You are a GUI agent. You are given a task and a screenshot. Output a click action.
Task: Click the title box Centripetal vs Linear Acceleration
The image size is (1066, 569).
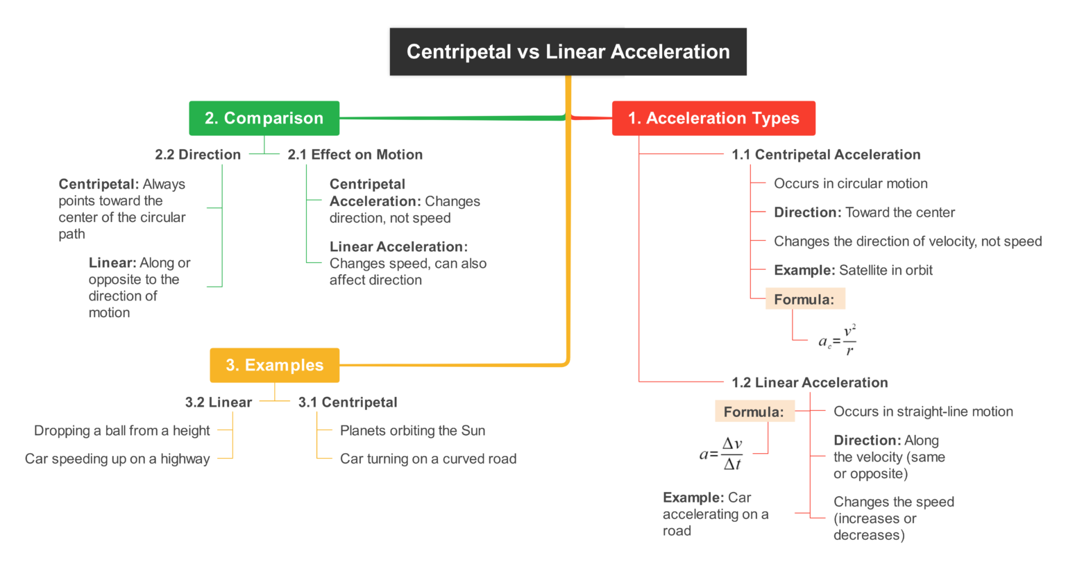point(568,52)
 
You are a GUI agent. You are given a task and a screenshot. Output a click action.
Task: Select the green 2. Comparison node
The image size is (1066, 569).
point(264,119)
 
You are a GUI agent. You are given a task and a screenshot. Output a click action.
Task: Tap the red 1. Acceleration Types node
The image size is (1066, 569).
point(713,119)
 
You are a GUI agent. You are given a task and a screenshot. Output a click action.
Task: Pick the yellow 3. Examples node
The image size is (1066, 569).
point(274,366)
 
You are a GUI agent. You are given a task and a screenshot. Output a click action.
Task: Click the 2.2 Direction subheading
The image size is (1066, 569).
point(198,155)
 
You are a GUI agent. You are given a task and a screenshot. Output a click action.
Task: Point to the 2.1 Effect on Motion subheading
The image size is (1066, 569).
point(355,155)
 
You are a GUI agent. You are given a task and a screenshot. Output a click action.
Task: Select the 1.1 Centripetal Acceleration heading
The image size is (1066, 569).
point(826,155)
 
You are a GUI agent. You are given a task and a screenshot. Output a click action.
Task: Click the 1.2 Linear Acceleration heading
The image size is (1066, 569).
point(809,382)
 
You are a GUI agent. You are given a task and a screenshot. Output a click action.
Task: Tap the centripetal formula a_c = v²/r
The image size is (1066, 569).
point(837,340)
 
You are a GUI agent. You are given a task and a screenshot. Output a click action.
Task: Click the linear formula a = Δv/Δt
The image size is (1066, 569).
point(722,454)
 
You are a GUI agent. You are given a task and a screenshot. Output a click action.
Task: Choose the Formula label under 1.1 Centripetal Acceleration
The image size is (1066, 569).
point(804,300)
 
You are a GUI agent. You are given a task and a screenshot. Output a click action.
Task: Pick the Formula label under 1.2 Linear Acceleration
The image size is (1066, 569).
point(754,412)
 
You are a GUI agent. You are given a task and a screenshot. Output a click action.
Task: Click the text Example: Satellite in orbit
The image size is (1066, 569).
point(853,271)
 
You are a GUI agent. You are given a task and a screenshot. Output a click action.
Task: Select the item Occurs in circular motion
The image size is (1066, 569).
point(850,184)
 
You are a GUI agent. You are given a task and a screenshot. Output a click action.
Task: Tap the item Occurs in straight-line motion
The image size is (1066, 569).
point(923,411)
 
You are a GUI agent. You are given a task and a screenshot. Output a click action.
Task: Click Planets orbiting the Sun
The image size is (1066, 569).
point(412,431)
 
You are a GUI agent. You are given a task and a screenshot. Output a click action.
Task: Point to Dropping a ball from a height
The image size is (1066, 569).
point(121,431)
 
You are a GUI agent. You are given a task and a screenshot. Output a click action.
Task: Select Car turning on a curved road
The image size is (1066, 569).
point(428,459)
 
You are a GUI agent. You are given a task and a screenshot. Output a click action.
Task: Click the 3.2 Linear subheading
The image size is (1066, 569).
point(218,402)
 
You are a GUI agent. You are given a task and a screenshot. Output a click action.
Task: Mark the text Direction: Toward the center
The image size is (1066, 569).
point(864,213)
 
